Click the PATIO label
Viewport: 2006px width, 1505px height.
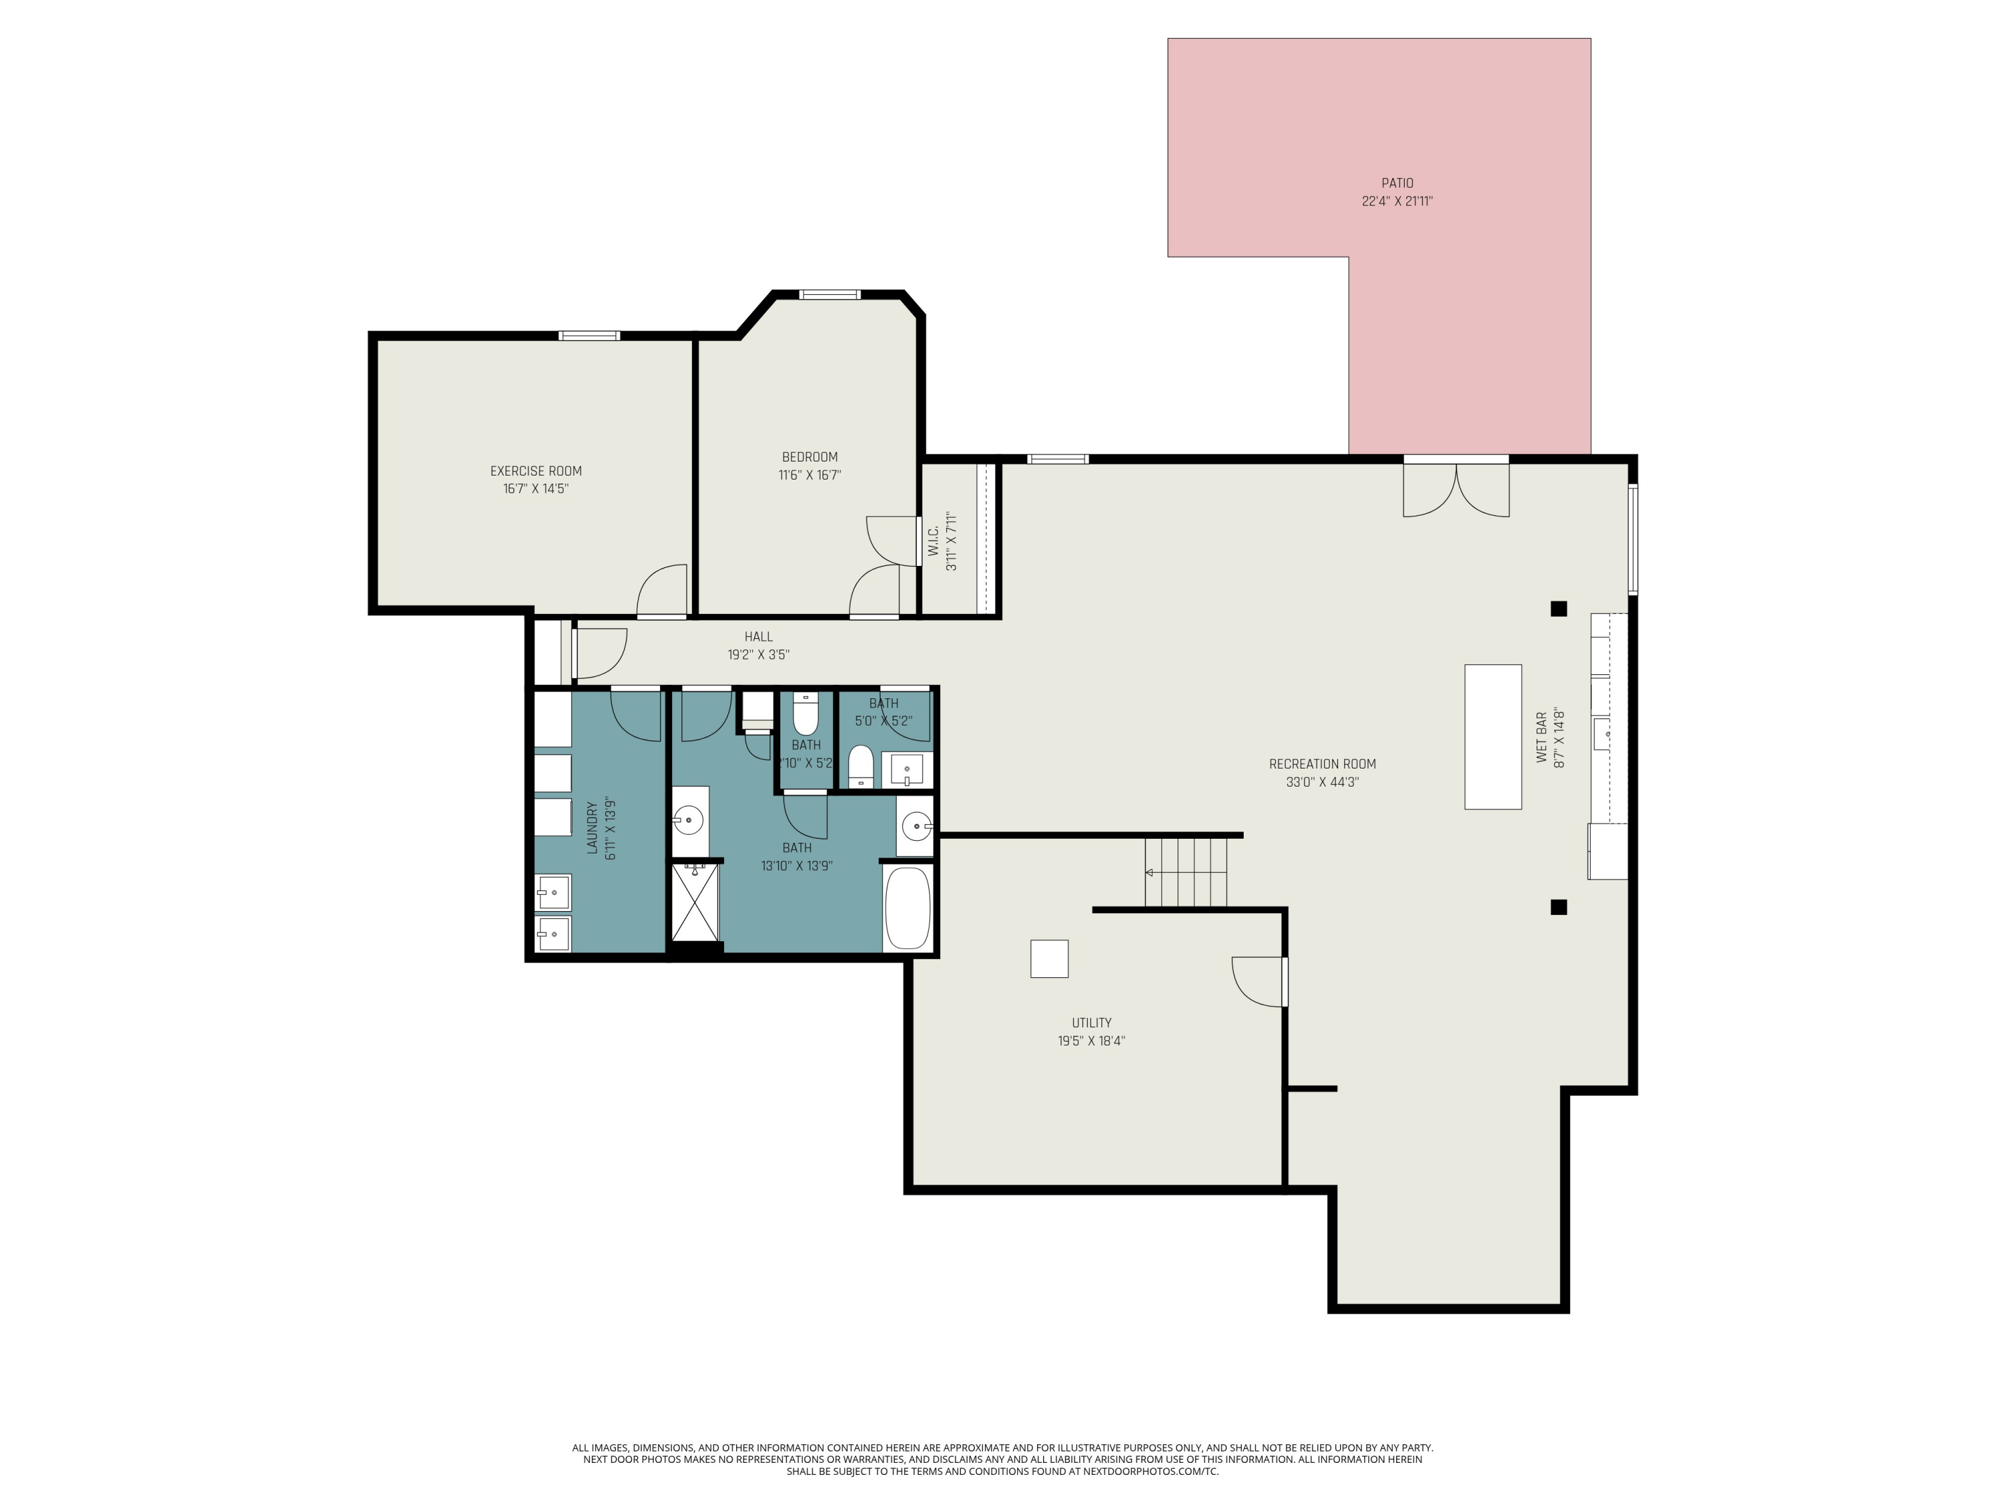point(1397,183)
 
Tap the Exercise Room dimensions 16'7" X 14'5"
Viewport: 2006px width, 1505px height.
point(536,489)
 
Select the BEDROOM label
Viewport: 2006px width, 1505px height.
point(810,458)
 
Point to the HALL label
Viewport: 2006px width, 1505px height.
point(758,637)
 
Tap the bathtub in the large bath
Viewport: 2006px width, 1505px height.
point(907,908)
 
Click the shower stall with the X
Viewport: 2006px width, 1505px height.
point(695,904)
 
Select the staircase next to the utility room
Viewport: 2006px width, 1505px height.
point(1186,873)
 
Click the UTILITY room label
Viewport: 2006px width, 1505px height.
point(1091,1022)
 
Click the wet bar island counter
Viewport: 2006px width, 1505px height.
point(1492,736)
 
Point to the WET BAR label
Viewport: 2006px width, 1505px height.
point(1542,736)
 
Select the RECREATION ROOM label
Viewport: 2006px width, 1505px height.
point(1322,764)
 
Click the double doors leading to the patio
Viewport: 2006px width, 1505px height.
point(1456,490)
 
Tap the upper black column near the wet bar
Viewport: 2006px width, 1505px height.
point(1558,609)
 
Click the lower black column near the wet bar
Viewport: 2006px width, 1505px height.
point(1558,906)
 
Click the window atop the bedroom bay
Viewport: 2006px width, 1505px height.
point(829,294)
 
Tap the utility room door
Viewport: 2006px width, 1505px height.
point(1260,981)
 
